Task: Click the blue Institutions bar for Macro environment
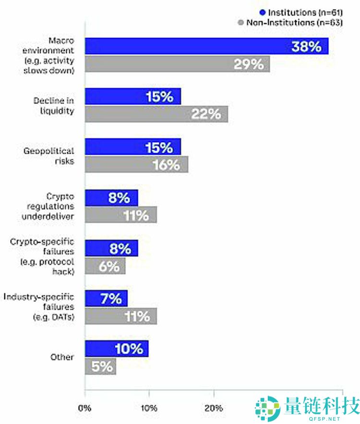coord(206,47)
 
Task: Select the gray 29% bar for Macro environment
coord(177,64)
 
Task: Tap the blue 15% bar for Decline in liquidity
coord(133,97)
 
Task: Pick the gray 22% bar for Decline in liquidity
coord(156,114)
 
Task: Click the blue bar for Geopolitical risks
coord(133,147)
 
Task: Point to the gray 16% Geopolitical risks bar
coord(136,164)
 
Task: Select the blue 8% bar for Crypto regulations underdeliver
coord(111,197)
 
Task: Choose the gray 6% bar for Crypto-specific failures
coord(105,266)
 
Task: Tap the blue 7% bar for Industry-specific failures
coord(106,298)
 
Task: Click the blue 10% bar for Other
coord(117,349)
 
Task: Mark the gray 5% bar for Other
coord(100,366)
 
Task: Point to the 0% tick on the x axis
coord(85,409)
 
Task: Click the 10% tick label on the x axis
coord(149,409)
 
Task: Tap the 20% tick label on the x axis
coord(213,409)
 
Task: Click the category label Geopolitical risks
coord(49,156)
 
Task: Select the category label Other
coord(62,357)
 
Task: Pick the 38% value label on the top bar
coord(306,47)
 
